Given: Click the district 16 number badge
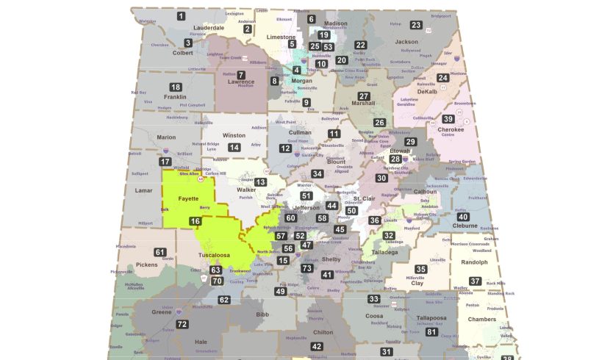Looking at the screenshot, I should pyautogui.click(x=195, y=221).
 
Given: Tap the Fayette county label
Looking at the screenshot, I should pyautogui.click(x=189, y=198).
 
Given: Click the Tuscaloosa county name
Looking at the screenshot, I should pyautogui.click(x=215, y=256).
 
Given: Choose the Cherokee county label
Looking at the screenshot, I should pyautogui.click(x=451, y=129).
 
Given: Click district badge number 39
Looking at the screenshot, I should pyautogui.click(x=448, y=119).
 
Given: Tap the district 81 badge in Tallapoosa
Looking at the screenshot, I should pyautogui.click(x=431, y=331).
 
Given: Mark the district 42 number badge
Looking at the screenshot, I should pyautogui.click(x=317, y=346).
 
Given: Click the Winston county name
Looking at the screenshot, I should pyautogui.click(x=234, y=135).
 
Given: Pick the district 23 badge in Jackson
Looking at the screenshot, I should pyautogui.click(x=416, y=25).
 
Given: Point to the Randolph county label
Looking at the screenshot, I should pyautogui.click(x=475, y=262).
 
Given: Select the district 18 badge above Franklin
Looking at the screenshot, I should pyautogui.click(x=176, y=87).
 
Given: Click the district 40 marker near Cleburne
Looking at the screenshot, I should pyautogui.click(x=463, y=217).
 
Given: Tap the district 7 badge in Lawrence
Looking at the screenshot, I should pyautogui.click(x=240, y=75).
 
